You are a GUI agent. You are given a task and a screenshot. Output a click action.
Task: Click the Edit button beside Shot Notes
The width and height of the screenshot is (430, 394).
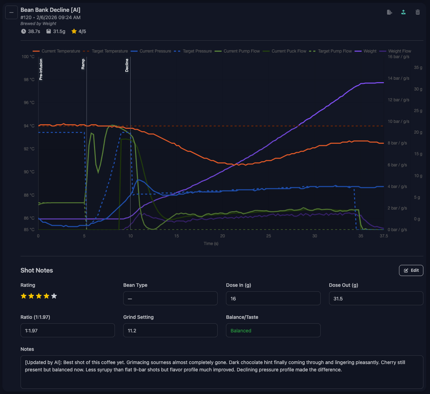(x=411, y=270)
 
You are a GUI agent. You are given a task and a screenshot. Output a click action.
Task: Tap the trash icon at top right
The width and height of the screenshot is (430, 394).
(x=417, y=12)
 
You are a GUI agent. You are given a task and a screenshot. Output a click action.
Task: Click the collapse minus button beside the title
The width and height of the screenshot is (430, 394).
(x=11, y=13)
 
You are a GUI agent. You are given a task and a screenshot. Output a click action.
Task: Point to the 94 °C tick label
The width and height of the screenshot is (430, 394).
(x=29, y=126)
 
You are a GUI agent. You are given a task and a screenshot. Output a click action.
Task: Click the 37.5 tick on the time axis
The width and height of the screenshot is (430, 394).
(x=383, y=236)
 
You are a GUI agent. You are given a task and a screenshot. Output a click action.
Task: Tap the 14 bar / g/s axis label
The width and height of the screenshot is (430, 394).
(x=398, y=78)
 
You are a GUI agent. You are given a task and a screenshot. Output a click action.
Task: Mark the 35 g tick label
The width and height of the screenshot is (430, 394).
(x=418, y=68)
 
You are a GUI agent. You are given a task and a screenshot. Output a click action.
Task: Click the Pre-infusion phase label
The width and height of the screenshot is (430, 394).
(x=41, y=70)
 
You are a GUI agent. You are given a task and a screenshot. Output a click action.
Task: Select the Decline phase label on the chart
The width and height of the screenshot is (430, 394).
(x=127, y=65)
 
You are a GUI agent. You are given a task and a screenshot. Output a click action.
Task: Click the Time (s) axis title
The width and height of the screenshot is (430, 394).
(x=211, y=244)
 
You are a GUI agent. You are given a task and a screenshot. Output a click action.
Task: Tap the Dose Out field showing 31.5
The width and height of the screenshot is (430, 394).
(x=376, y=299)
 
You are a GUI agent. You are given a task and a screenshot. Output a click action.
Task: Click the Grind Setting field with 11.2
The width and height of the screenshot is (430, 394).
(x=170, y=331)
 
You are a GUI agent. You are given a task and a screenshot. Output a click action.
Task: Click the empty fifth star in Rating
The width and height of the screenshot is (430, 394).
(x=54, y=296)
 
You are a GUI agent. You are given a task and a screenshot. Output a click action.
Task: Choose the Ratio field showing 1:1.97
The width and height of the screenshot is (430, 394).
(x=67, y=331)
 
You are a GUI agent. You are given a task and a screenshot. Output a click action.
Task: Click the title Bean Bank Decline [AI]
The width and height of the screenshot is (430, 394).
(x=50, y=10)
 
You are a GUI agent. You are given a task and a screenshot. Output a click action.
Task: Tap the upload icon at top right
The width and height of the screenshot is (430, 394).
(x=403, y=12)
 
